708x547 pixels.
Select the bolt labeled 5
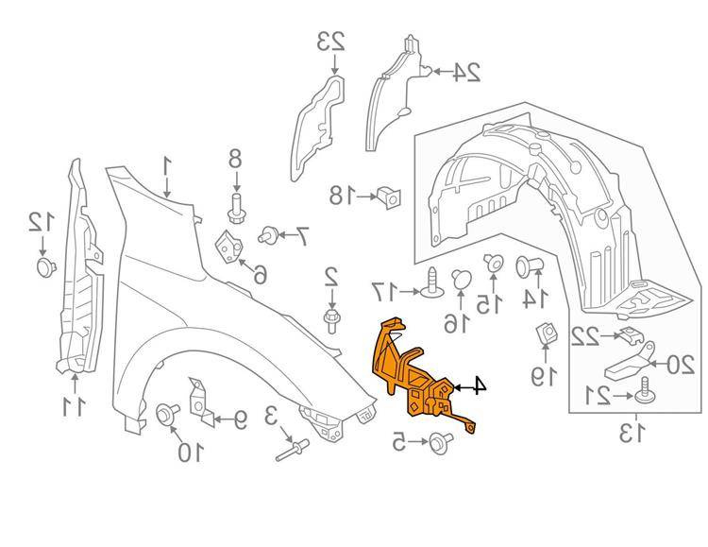click(438, 440)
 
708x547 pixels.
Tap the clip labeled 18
click(388, 197)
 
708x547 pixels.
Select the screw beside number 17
click(432, 282)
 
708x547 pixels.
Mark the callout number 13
click(630, 434)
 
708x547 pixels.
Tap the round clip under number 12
click(43, 266)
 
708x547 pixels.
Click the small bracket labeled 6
click(228, 247)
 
